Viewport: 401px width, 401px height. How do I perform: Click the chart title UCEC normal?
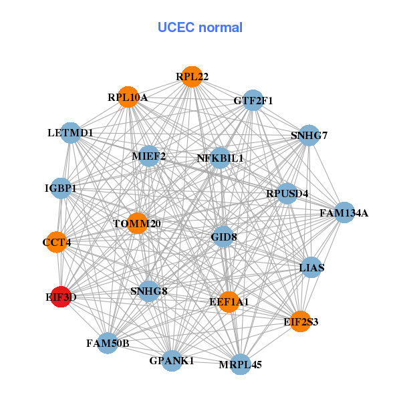200,27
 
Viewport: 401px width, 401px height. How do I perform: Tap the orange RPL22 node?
192,77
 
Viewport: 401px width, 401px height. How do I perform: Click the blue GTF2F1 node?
252,101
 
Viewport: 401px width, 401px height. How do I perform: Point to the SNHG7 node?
308,136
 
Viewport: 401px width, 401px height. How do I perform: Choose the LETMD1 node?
70,133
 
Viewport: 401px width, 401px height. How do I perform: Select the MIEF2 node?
148,157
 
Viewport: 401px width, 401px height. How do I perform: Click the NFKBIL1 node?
220,158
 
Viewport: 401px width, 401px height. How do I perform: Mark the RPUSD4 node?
287,194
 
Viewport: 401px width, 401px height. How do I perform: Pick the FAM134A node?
344,213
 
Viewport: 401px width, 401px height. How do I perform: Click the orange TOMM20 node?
137,223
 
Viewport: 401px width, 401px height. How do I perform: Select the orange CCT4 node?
56,242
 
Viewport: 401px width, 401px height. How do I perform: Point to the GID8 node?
223,237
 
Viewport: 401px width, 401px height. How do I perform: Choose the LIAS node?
311,268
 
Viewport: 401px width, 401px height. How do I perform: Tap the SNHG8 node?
148,291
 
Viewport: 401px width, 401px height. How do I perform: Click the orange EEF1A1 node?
229,302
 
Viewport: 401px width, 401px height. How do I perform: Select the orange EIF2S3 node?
301,322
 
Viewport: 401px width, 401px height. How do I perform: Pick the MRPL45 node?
240,365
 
